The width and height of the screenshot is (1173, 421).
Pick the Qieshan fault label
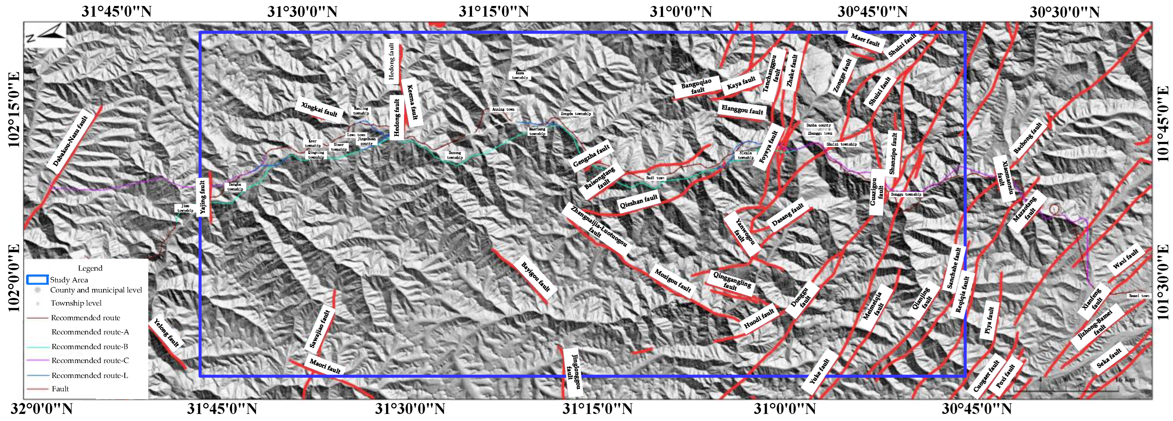pos(638,201)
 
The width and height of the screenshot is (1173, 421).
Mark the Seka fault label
pos(1108,358)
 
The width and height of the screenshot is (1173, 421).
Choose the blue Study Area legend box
pos(37,279)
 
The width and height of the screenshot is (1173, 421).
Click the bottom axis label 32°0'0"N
pos(42,409)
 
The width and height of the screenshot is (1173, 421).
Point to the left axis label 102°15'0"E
pos(14,110)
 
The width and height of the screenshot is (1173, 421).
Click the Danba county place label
pos(818,125)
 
